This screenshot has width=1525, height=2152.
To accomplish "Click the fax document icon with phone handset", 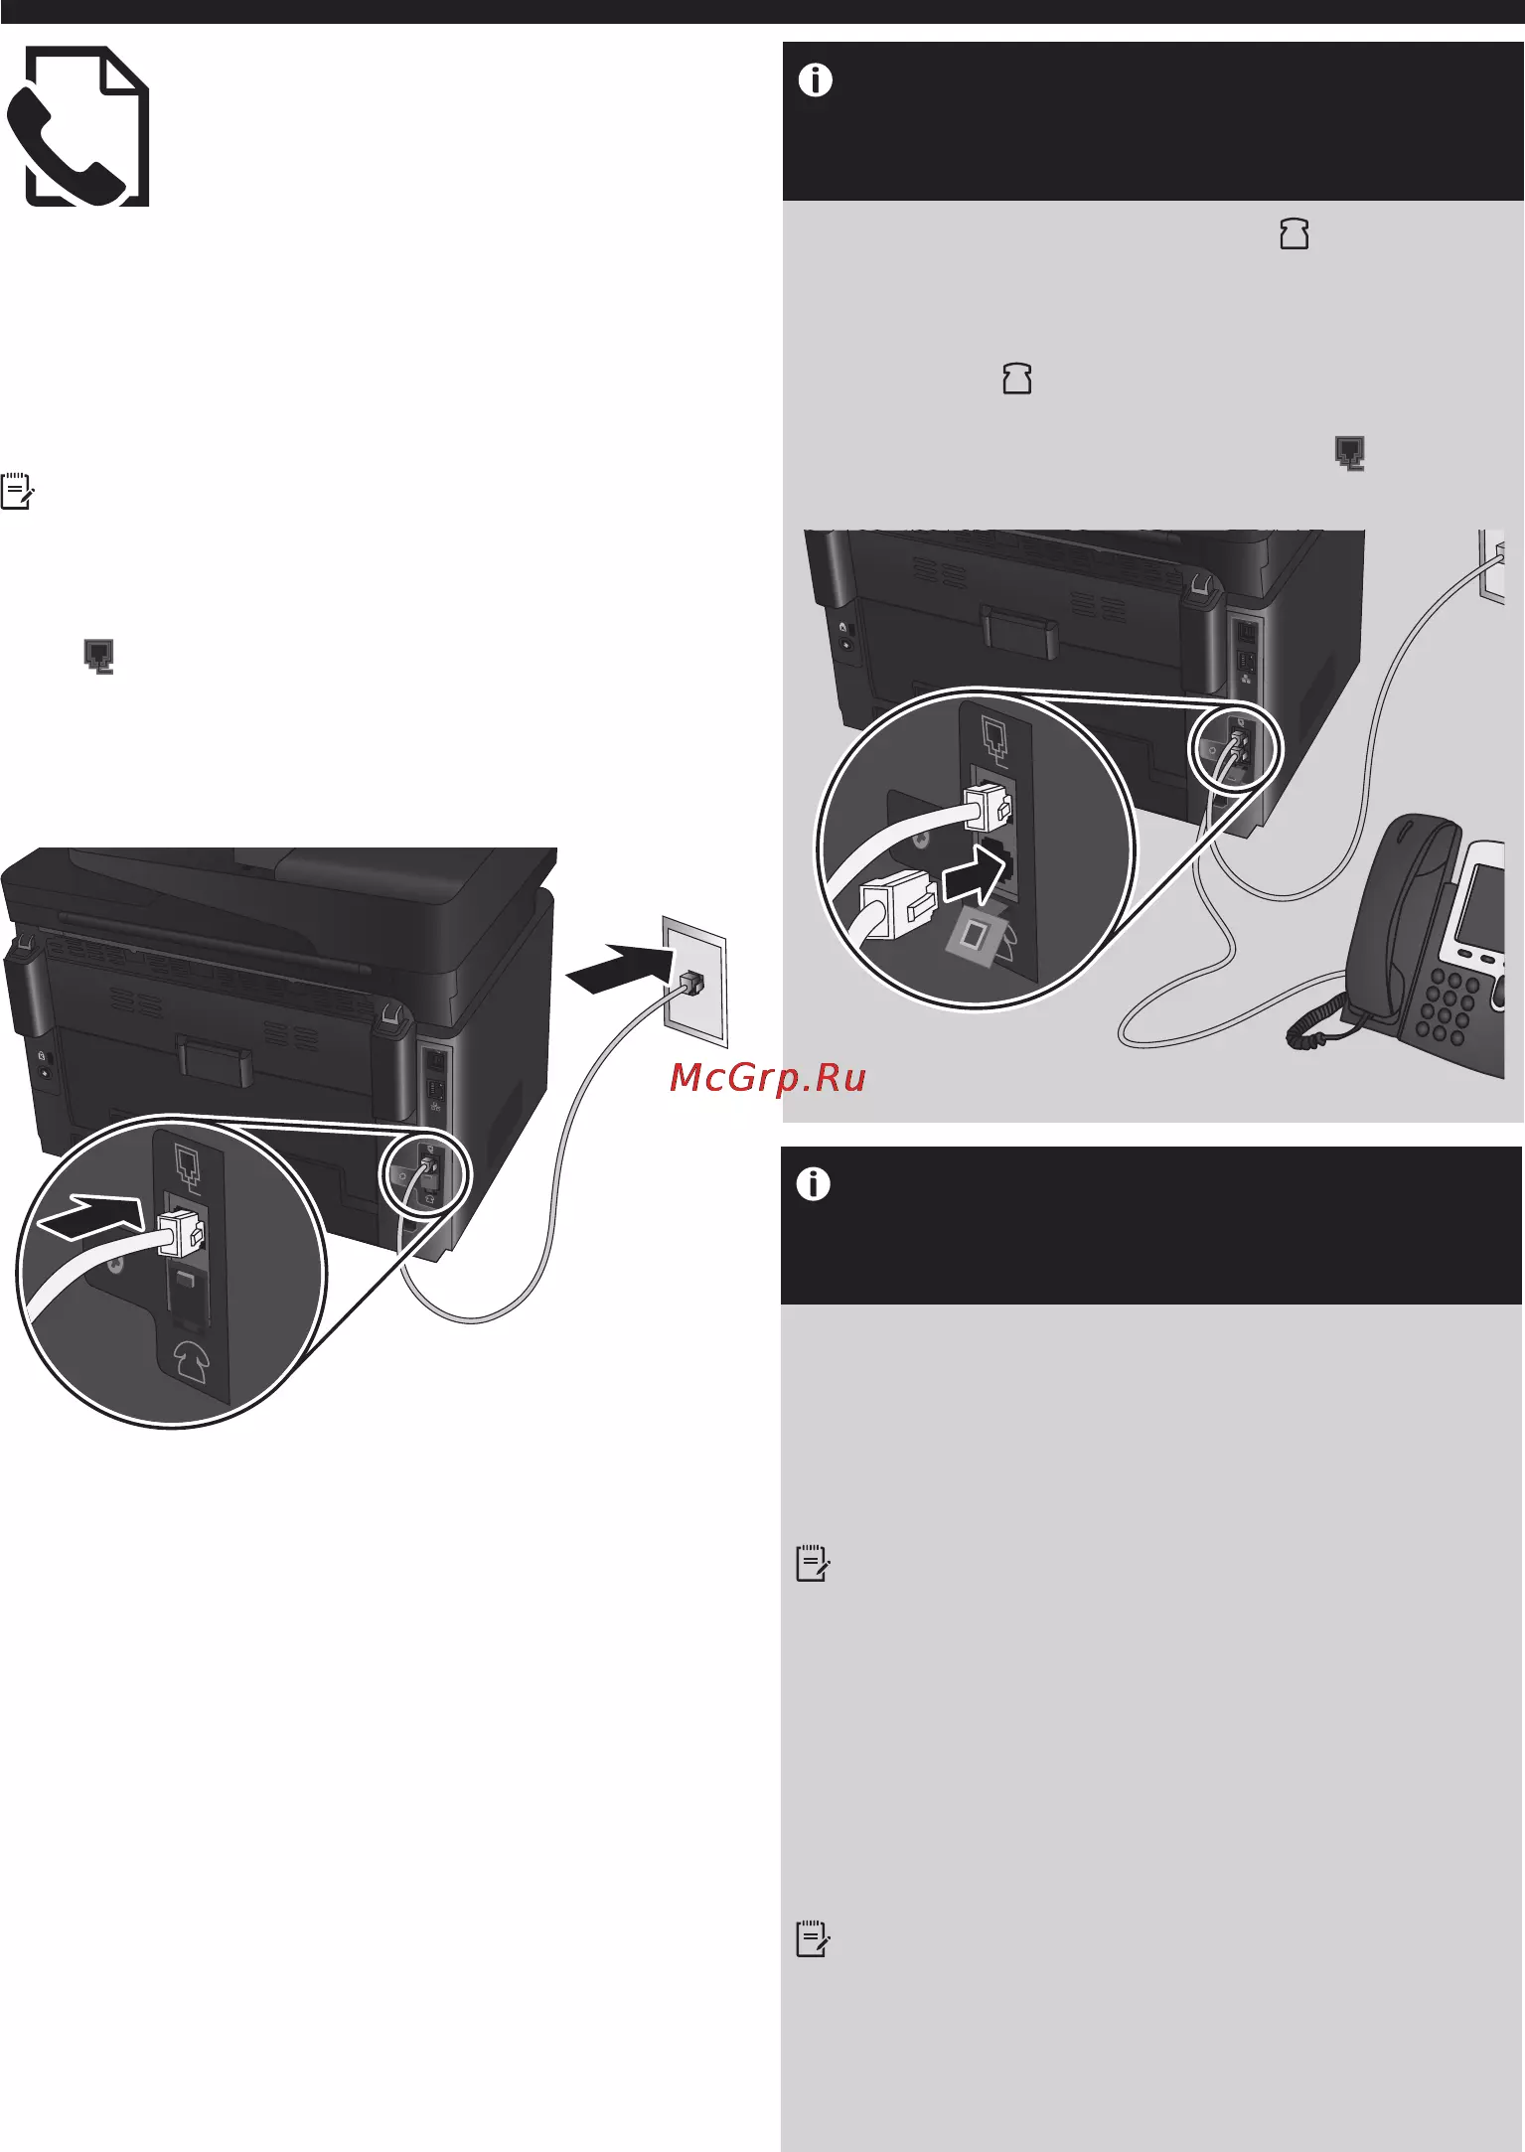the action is click(77, 126).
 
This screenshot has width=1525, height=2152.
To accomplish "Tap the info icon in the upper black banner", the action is click(816, 80).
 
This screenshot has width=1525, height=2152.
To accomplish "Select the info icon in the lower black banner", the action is click(814, 1184).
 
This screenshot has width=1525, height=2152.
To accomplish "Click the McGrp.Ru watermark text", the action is click(768, 1077).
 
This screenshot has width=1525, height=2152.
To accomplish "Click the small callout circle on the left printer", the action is click(426, 1171).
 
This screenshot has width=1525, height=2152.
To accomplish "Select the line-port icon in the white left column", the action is click(98, 657).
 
